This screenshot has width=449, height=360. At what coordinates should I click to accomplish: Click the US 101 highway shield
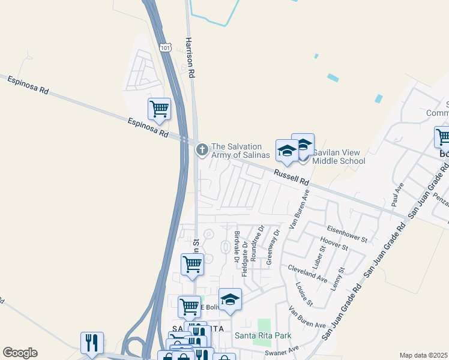point(166,47)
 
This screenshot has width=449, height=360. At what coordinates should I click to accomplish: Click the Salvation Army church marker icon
point(202,149)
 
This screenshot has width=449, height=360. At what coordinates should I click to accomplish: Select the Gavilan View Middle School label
point(339,157)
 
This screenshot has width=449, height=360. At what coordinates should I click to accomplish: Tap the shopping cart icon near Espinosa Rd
point(159,110)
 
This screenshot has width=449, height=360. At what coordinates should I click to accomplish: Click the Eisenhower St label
point(347,235)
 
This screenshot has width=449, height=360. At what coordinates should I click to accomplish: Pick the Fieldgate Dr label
point(245,259)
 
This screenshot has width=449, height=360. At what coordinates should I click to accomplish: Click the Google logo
point(20,353)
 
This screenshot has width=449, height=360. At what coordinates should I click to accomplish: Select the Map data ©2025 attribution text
point(423,355)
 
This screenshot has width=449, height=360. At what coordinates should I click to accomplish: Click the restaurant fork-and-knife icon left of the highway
point(92,343)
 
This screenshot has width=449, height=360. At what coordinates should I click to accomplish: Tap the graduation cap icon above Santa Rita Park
point(230,299)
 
